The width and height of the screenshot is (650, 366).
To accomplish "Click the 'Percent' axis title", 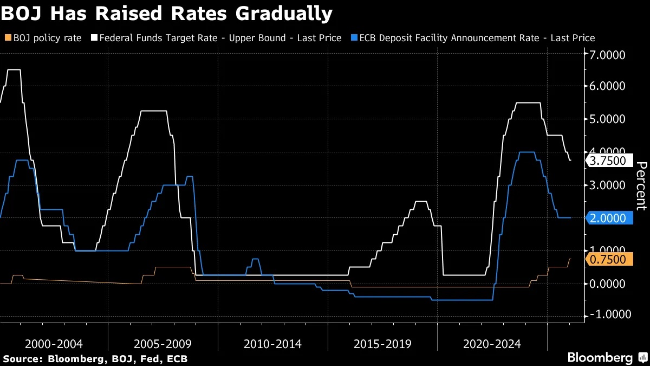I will click(641, 185).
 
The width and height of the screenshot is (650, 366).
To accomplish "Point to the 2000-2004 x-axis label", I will click(54, 344).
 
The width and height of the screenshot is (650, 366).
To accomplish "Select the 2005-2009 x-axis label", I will click(162, 344).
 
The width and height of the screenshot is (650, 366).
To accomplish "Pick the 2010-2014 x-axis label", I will click(272, 344).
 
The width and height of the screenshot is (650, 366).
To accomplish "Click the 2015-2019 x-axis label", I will click(382, 344).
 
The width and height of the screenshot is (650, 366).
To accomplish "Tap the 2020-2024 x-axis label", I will click(492, 344).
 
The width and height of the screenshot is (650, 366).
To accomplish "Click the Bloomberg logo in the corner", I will click(607, 358).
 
